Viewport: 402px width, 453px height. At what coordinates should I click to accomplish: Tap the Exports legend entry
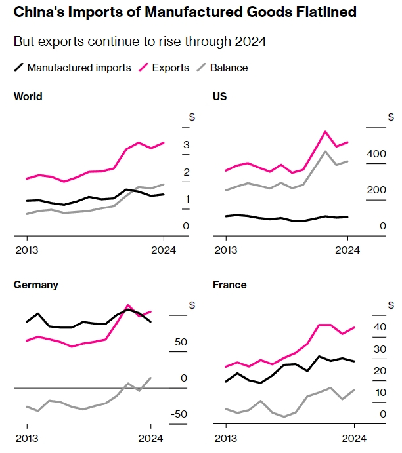click(170, 68)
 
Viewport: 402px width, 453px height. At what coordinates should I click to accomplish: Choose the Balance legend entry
click(229, 68)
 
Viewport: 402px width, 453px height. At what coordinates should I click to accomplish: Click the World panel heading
click(28, 96)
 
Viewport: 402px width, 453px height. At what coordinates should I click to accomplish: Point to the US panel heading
click(220, 96)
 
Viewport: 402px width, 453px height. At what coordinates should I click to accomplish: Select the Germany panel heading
click(36, 285)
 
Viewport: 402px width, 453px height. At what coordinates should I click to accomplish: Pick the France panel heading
click(230, 285)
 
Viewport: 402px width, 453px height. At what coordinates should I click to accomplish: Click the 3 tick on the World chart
click(187, 144)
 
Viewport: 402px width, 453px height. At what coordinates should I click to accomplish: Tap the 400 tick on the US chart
click(376, 153)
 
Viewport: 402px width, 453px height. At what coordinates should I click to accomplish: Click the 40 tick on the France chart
click(380, 327)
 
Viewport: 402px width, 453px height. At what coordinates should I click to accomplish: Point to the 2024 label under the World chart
click(164, 250)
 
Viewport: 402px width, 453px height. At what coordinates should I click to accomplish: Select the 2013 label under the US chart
click(226, 250)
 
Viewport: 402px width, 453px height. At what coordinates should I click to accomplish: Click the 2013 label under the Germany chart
click(26, 438)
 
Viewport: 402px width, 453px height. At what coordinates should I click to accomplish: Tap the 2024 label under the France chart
click(355, 438)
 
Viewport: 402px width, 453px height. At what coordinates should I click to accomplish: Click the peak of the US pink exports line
click(325, 131)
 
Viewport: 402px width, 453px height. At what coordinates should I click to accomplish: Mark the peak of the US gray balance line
click(325, 151)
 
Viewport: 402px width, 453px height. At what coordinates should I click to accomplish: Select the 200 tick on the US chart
click(376, 190)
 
